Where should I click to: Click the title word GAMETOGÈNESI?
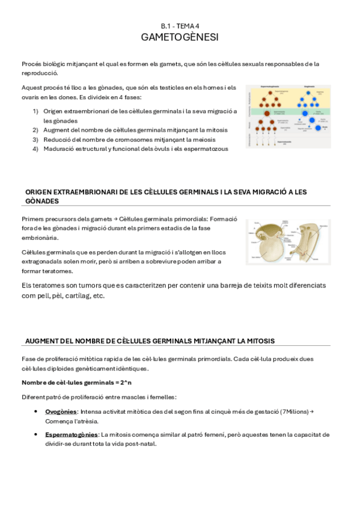pos(180,37)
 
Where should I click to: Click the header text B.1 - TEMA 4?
pos(180,26)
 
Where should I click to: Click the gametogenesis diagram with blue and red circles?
pos(288,116)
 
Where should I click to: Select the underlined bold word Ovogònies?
pos(61,411)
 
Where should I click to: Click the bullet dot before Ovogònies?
pos(37,412)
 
